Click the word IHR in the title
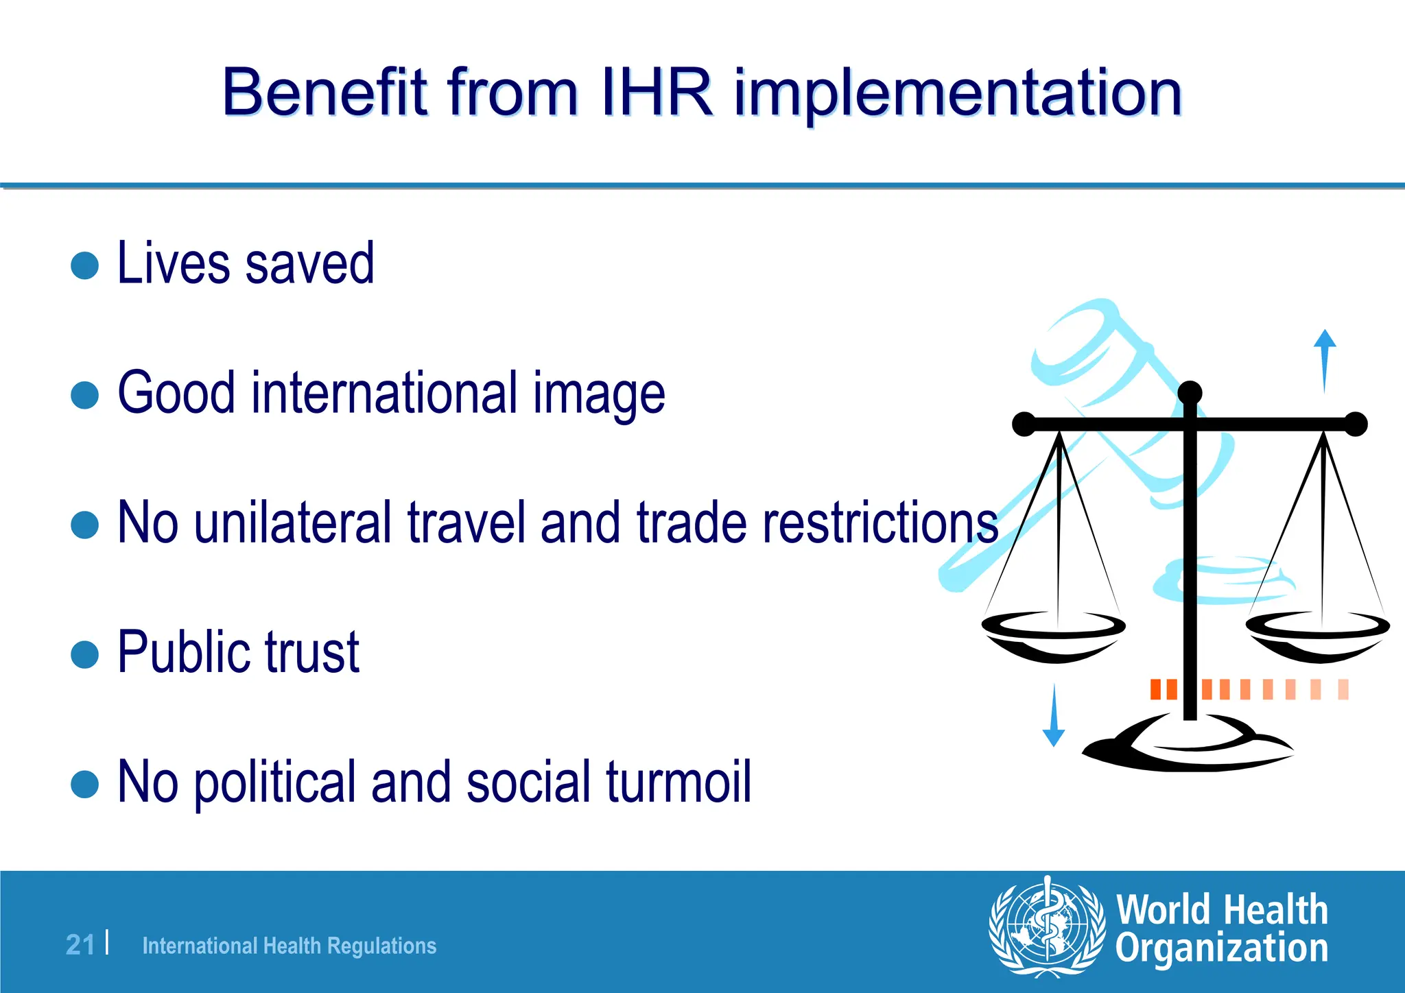(x=657, y=93)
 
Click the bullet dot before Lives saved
(x=85, y=265)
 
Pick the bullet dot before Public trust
(x=85, y=654)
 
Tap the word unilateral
(x=293, y=523)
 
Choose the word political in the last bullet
(x=275, y=782)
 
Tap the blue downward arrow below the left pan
(x=1054, y=716)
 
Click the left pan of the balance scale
(x=1053, y=634)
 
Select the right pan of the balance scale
(x=1318, y=634)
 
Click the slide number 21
(x=80, y=945)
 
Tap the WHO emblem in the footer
(x=1047, y=926)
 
